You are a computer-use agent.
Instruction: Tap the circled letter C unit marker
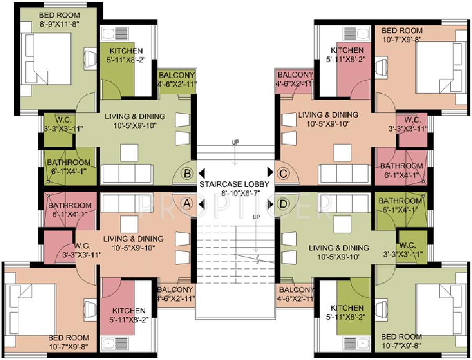tap(283, 172)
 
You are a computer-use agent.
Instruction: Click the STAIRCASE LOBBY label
tap(234, 184)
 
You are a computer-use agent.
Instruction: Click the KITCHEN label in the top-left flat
tap(126, 50)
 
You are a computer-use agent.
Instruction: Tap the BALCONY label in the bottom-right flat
tap(296, 290)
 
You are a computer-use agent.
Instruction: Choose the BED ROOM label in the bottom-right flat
tap(402, 336)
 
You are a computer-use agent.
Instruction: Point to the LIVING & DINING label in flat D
tap(339, 248)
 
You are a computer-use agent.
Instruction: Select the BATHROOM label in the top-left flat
tap(68, 162)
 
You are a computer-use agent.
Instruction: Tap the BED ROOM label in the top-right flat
tap(402, 31)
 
